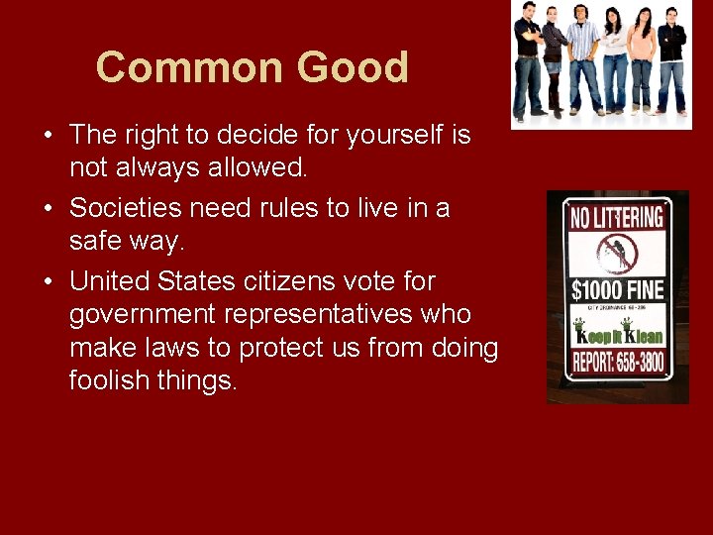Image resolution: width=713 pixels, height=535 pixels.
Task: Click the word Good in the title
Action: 353,68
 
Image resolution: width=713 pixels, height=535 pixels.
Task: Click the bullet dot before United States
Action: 49,282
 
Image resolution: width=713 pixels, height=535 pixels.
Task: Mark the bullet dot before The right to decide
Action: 49,136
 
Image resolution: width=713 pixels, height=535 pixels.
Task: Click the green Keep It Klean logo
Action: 617,333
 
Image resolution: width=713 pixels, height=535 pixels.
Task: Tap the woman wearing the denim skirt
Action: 555,59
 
